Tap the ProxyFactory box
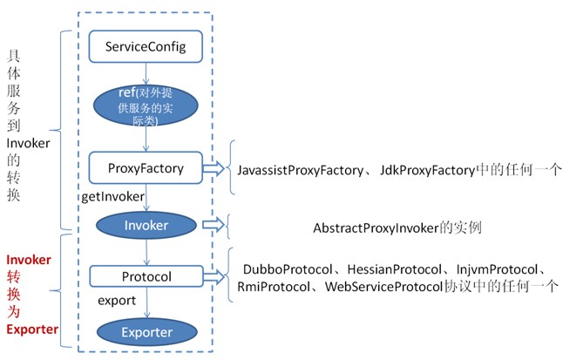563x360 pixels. click(146, 167)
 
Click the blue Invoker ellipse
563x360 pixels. click(146, 224)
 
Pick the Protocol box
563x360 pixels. click(146, 276)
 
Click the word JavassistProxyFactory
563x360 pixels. click(299, 172)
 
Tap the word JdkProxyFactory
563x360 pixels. click(422, 172)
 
